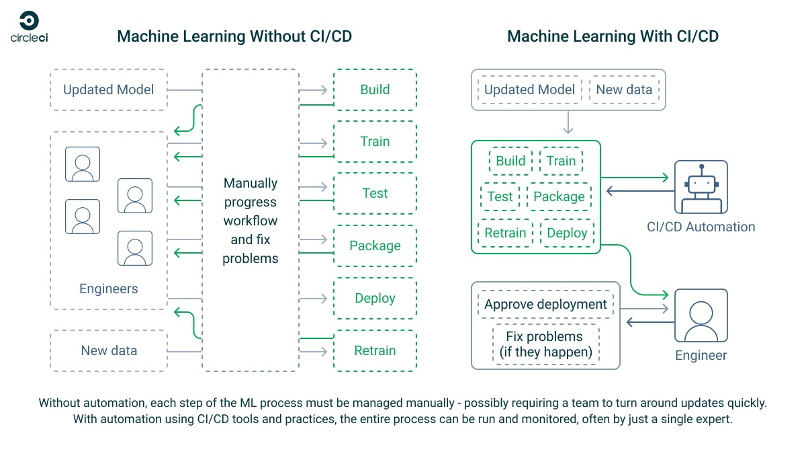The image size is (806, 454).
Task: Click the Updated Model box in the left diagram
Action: pyautogui.click(x=108, y=89)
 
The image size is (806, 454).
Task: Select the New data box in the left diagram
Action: pyautogui.click(x=108, y=350)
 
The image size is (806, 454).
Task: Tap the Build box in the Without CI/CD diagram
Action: pyautogui.click(x=375, y=89)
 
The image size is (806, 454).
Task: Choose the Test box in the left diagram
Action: pyautogui.click(x=375, y=194)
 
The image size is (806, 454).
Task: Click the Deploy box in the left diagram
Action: pyautogui.click(x=375, y=298)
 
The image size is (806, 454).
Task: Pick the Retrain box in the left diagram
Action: pyautogui.click(x=375, y=350)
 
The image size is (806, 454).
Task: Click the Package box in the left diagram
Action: pyautogui.click(x=375, y=245)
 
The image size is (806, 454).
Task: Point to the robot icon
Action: pyautogui.click(x=701, y=186)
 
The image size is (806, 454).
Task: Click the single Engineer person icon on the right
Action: pyautogui.click(x=701, y=316)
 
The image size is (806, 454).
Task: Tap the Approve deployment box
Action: pyautogui.click(x=545, y=304)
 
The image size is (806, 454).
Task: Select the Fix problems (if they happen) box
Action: pyautogui.click(x=545, y=344)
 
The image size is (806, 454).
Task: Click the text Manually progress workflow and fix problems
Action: pyautogui.click(x=250, y=221)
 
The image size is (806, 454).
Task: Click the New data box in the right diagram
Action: pyautogui.click(x=624, y=89)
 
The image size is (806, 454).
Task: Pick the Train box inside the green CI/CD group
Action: pyautogui.click(x=561, y=161)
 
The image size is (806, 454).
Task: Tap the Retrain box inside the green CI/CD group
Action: pyautogui.click(x=505, y=233)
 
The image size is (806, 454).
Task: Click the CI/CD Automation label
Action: pyautogui.click(x=701, y=227)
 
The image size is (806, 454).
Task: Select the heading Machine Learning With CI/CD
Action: pyautogui.click(x=613, y=36)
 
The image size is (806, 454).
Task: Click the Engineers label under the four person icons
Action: pyautogui.click(x=108, y=289)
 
